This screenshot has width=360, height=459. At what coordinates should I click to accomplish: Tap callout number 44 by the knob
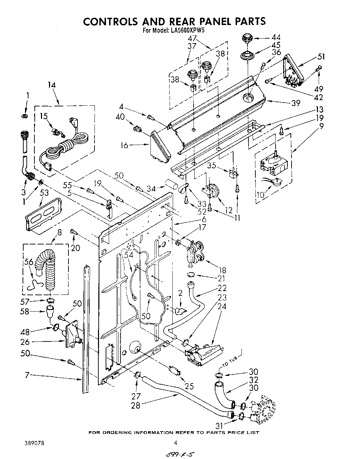[276, 37]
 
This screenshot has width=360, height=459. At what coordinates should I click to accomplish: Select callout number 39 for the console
[295, 103]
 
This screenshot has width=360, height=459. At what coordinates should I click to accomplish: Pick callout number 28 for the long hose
[136, 405]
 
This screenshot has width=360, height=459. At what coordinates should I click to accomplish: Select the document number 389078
[34, 443]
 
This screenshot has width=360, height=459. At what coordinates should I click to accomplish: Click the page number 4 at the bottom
[176, 443]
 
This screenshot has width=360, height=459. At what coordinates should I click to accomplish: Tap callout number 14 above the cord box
[51, 85]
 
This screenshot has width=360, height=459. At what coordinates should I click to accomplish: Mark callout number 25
[189, 386]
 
